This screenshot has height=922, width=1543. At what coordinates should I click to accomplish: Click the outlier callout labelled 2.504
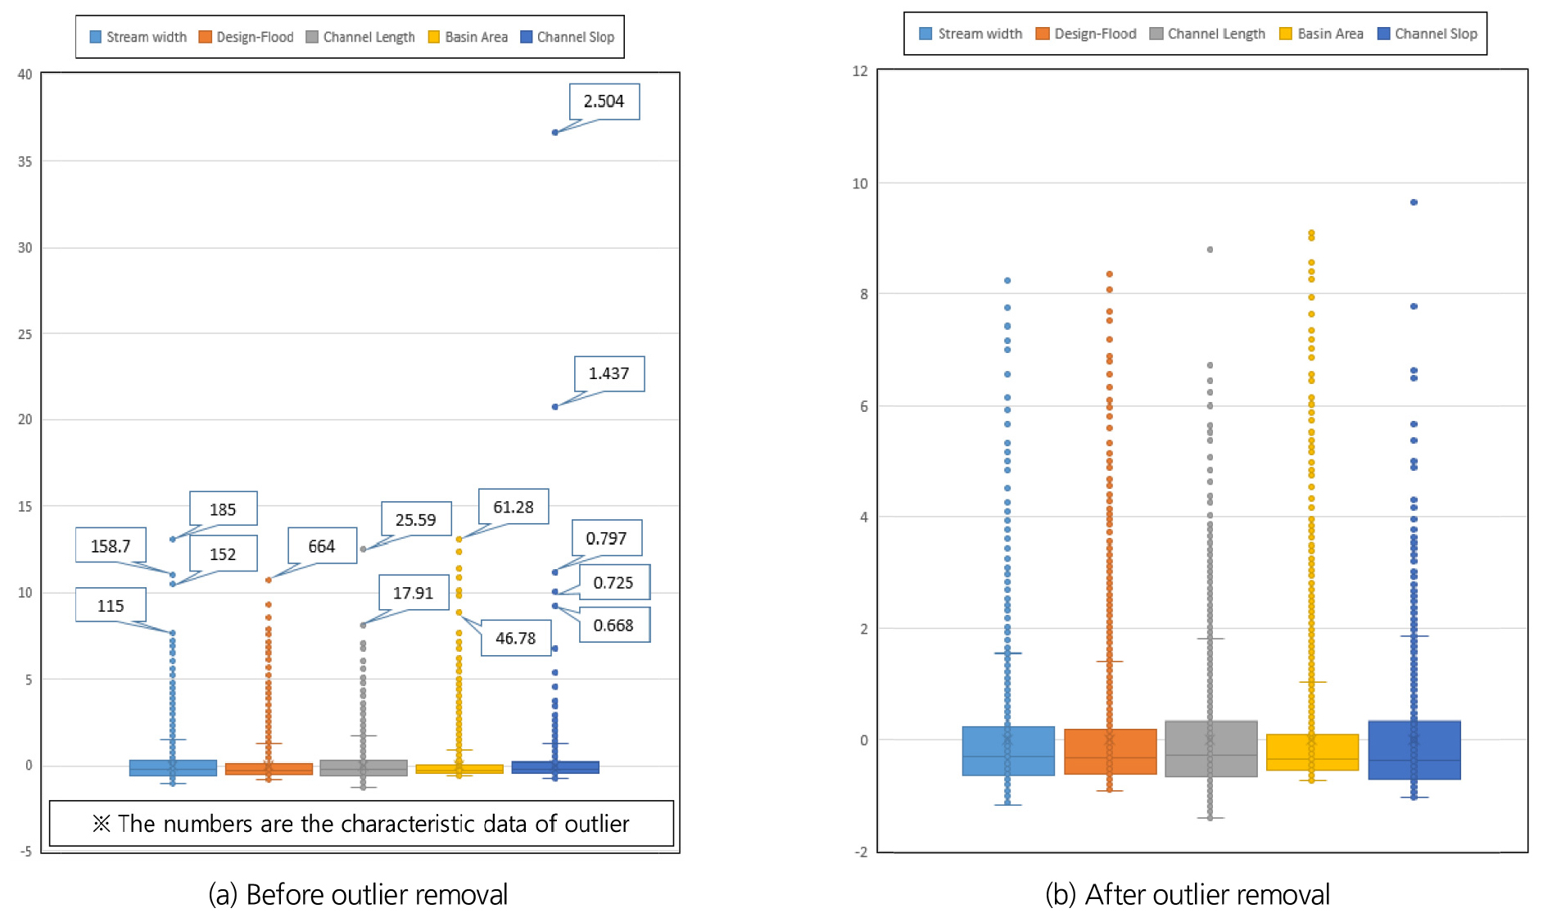coord(604,102)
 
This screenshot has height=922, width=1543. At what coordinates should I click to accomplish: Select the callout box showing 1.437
coord(609,373)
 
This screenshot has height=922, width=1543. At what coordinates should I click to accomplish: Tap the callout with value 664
coord(322,546)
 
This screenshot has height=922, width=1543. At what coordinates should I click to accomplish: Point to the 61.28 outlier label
coord(514,507)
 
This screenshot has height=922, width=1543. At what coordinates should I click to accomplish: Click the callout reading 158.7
coord(111,545)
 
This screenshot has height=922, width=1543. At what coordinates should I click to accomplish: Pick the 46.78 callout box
coord(515,638)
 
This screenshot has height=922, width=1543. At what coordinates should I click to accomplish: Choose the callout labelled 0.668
coord(613,625)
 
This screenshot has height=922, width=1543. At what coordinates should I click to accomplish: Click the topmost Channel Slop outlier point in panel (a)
coord(554,132)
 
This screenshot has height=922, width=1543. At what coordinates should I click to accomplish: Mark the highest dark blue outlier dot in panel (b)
coord(1414,202)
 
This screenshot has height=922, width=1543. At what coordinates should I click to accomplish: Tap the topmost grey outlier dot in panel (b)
coord(1210,250)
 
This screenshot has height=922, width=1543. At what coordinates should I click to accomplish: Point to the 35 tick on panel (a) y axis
coord(25,161)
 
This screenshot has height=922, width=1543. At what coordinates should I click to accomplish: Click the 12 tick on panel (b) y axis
coord(860,71)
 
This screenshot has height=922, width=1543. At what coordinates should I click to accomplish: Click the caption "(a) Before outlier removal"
coord(358,894)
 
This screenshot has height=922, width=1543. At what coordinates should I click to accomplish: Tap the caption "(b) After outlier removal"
coord(1187,894)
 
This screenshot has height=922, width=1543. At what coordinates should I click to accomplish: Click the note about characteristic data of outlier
coord(361,823)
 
